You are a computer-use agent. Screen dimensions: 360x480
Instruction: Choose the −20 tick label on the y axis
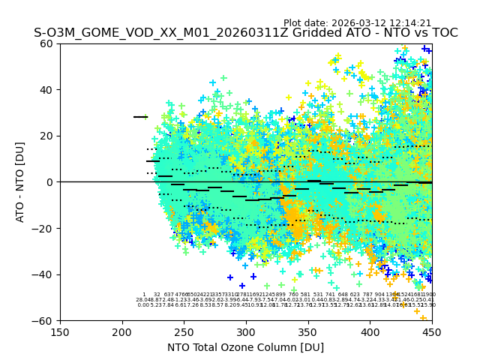[46, 228]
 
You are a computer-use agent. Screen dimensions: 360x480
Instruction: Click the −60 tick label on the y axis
[46, 320]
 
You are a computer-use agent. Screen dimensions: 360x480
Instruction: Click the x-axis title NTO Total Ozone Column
[245, 347]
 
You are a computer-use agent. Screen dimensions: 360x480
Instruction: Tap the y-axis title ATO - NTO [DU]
[20, 182]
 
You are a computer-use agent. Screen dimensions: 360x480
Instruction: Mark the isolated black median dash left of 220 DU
[140, 117]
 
